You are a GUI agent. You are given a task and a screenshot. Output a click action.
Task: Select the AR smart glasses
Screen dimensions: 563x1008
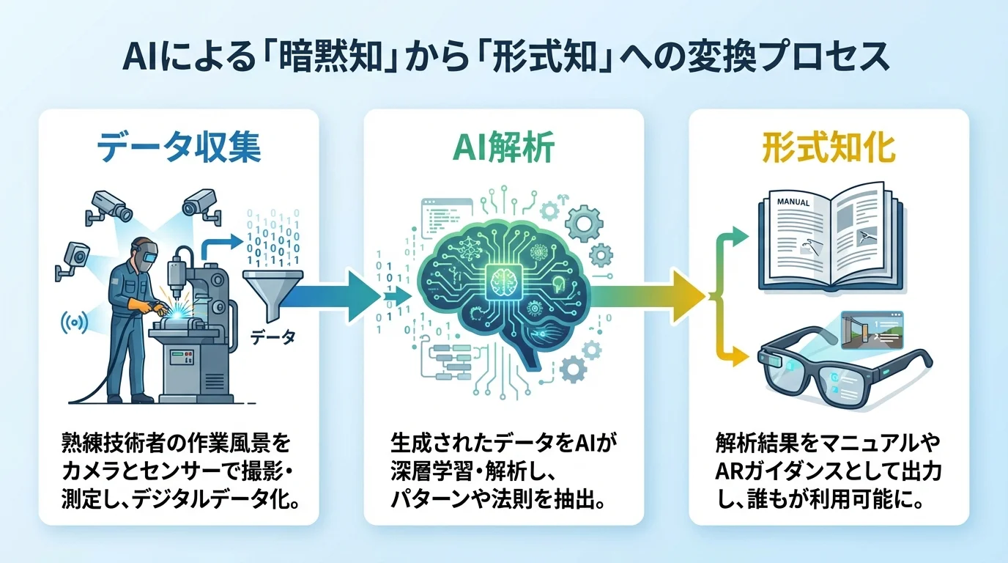842,371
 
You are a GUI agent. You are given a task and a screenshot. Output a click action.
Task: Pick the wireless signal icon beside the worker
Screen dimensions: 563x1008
75,322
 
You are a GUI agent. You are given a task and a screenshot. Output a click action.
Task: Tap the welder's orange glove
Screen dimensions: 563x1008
136,302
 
